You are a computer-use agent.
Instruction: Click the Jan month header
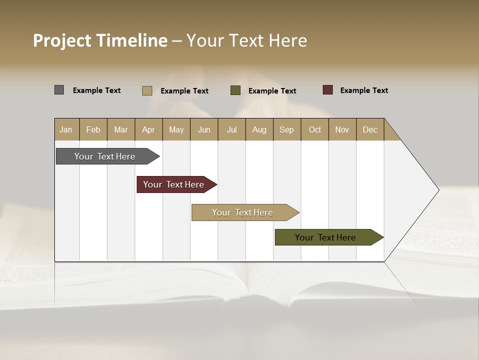(x=66, y=129)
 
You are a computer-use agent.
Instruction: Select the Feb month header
(x=93, y=129)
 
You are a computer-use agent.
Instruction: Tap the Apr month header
(x=149, y=129)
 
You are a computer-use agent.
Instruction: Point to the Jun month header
(x=204, y=129)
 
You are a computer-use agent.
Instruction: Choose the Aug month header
(x=259, y=129)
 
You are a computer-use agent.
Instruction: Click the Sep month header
(x=287, y=129)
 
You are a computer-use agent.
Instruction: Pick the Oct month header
(x=315, y=129)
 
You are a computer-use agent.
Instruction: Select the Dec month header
(x=370, y=129)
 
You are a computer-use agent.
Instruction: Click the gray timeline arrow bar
(x=105, y=156)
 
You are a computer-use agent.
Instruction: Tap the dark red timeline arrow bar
(x=174, y=184)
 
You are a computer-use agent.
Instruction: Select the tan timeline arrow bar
(x=243, y=212)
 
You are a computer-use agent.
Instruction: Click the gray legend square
(x=59, y=90)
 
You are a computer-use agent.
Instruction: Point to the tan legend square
(x=147, y=90)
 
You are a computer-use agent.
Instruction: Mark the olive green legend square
(x=236, y=90)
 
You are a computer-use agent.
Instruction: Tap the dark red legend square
(x=328, y=90)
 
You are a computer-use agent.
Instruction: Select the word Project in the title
(x=62, y=40)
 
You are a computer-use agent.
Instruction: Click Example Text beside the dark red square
(x=364, y=90)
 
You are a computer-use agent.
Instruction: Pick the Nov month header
(x=342, y=129)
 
